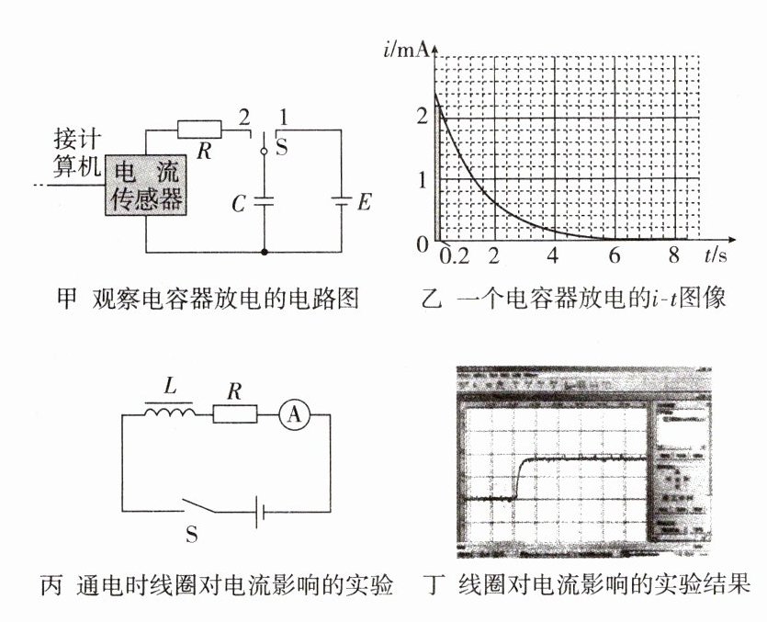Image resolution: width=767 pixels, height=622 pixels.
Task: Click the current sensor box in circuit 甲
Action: [x=146, y=185]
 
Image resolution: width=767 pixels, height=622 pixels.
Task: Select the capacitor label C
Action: [x=238, y=204]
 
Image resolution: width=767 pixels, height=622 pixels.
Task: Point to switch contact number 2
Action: [x=243, y=117]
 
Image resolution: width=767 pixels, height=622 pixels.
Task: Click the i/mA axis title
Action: [x=405, y=49]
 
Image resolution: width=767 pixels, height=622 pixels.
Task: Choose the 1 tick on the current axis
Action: [x=422, y=179]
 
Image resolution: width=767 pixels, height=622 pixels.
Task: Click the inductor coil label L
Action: [x=169, y=388]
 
